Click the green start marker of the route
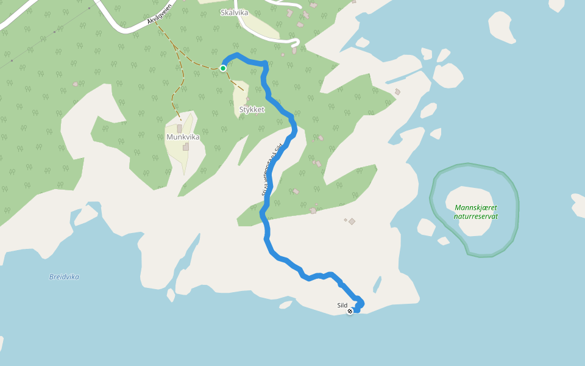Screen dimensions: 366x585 [223, 68]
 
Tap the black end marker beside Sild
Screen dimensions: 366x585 [350, 311]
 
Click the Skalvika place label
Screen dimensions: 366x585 [234, 12]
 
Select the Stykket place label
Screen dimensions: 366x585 [252, 109]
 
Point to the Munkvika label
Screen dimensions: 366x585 [183, 137]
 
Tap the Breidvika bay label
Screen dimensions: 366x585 [64, 277]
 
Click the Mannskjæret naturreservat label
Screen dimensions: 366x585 [476, 212]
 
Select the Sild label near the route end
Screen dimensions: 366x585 [342, 305]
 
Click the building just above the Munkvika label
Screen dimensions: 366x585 [180, 129]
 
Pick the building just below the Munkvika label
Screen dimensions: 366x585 [186, 147]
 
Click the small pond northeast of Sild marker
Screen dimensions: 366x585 [377, 284]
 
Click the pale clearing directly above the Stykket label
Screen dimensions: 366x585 [240, 91]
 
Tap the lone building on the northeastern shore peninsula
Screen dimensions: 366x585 [397, 92]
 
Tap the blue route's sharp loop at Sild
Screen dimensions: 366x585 [359, 304]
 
